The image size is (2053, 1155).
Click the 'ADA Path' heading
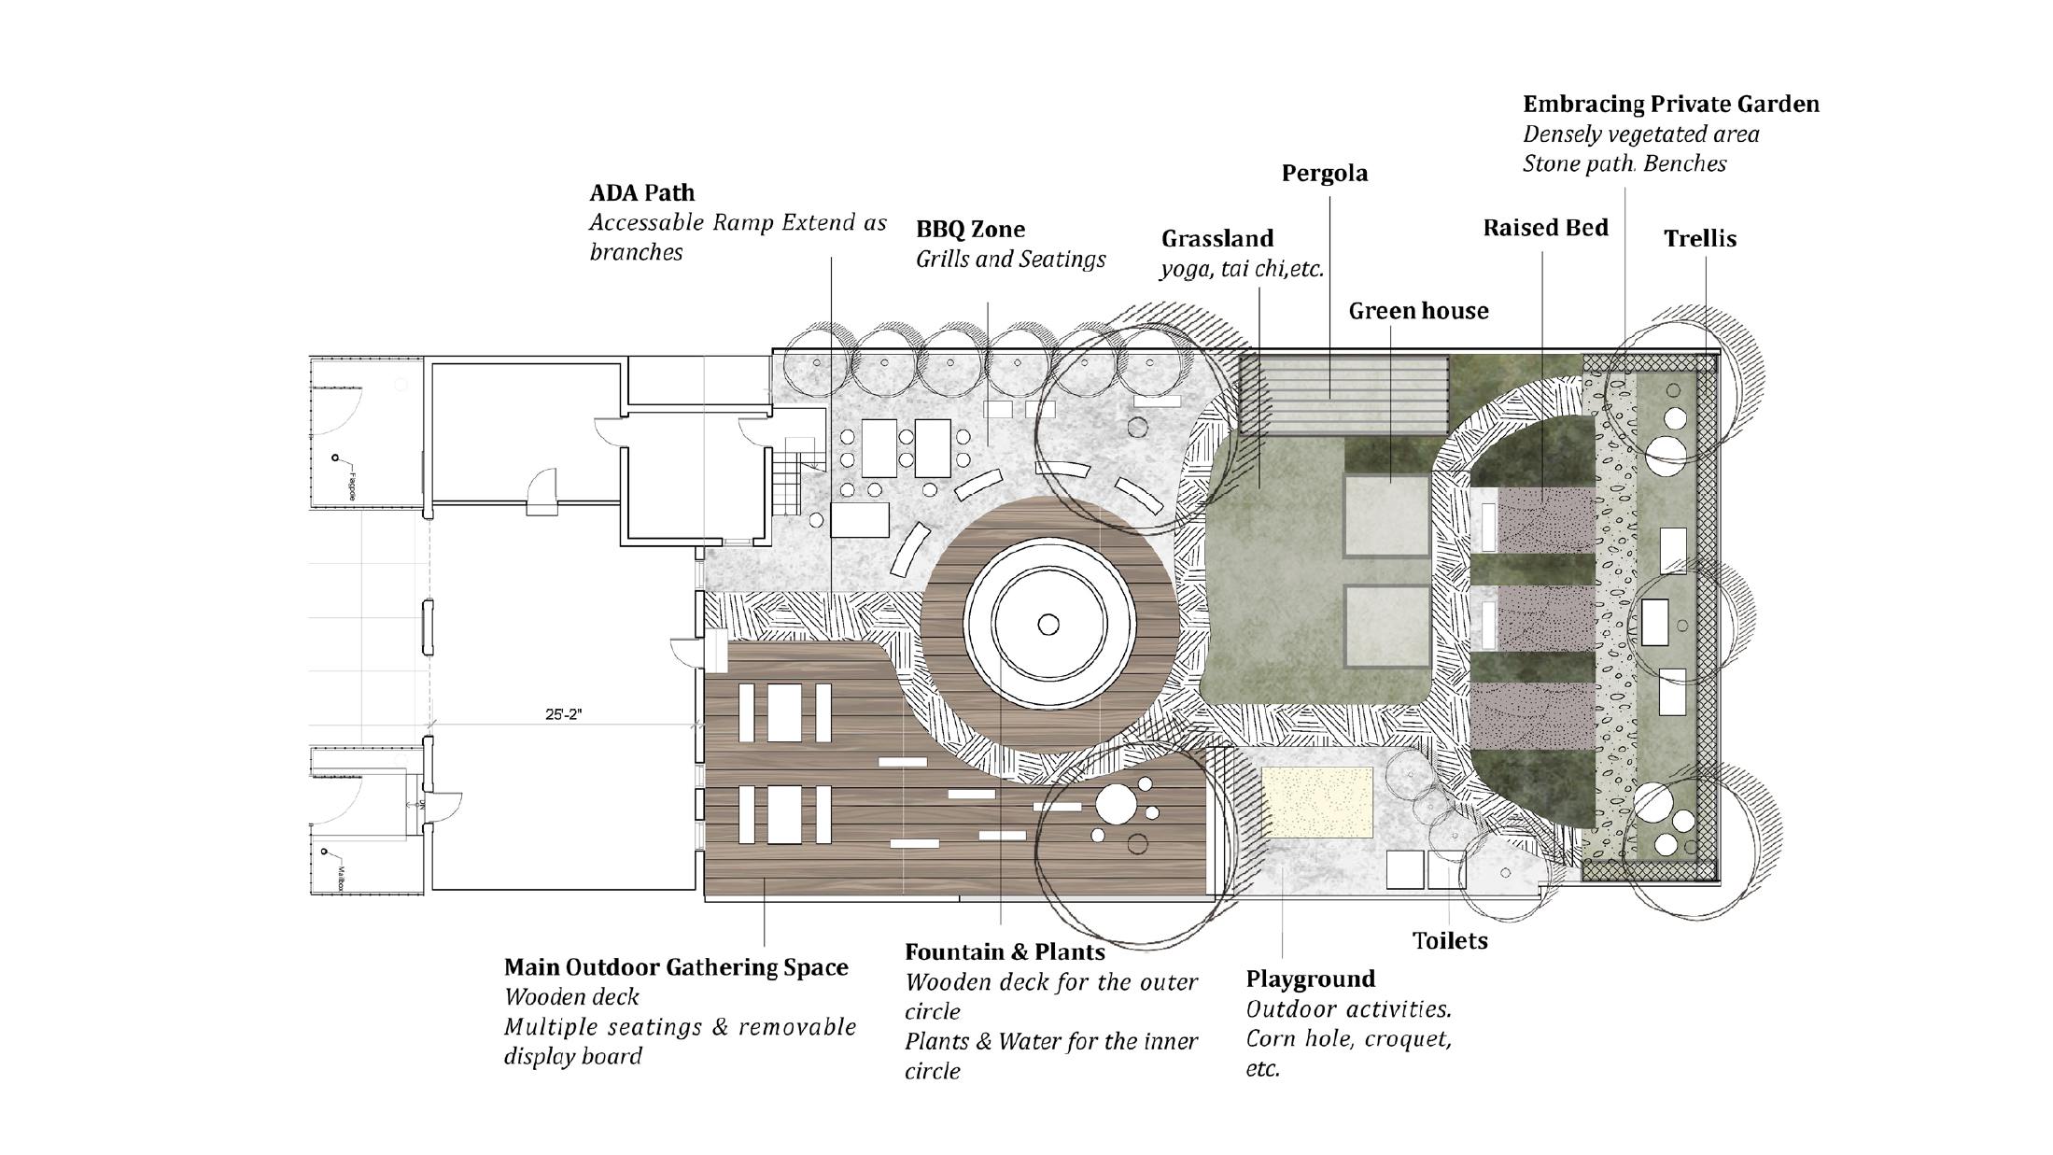pyautogui.click(x=641, y=193)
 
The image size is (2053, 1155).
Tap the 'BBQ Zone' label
pyautogui.click(x=970, y=230)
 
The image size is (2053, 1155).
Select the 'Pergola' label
pyautogui.click(x=1324, y=174)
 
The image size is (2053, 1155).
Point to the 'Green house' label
pyautogui.click(x=1418, y=311)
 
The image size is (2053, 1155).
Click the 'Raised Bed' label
pyautogui.click(x=1545, y=228)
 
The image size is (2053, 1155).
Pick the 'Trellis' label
pyautogui.click(x=1699, y=239)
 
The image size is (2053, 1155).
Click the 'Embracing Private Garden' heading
pyautogui.click(x=1670, y=104)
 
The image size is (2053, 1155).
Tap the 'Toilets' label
pyautogui.click(x=1449, y=940)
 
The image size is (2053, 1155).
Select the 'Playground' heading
pyautogui.click(x=1310, y=979)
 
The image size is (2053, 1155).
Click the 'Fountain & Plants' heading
pyautogui.click(x=1005, y=952)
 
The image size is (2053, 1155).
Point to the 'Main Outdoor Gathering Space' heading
pyautogui.click(x=676, y=967)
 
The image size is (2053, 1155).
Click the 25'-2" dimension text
pyautogui.click(x=563, y=714)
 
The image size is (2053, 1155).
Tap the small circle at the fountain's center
pyautogui.click(x=1048, y=625)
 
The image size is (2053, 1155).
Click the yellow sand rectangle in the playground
pyautogui.click(x=1316, y=802)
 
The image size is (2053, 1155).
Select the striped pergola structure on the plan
pyautogui.click(x=1343, y=394)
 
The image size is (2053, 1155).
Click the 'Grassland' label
pyautogui.click(x=1216, y=239)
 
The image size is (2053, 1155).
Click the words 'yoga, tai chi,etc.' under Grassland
pyautogui.click(x=1241, y=270)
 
